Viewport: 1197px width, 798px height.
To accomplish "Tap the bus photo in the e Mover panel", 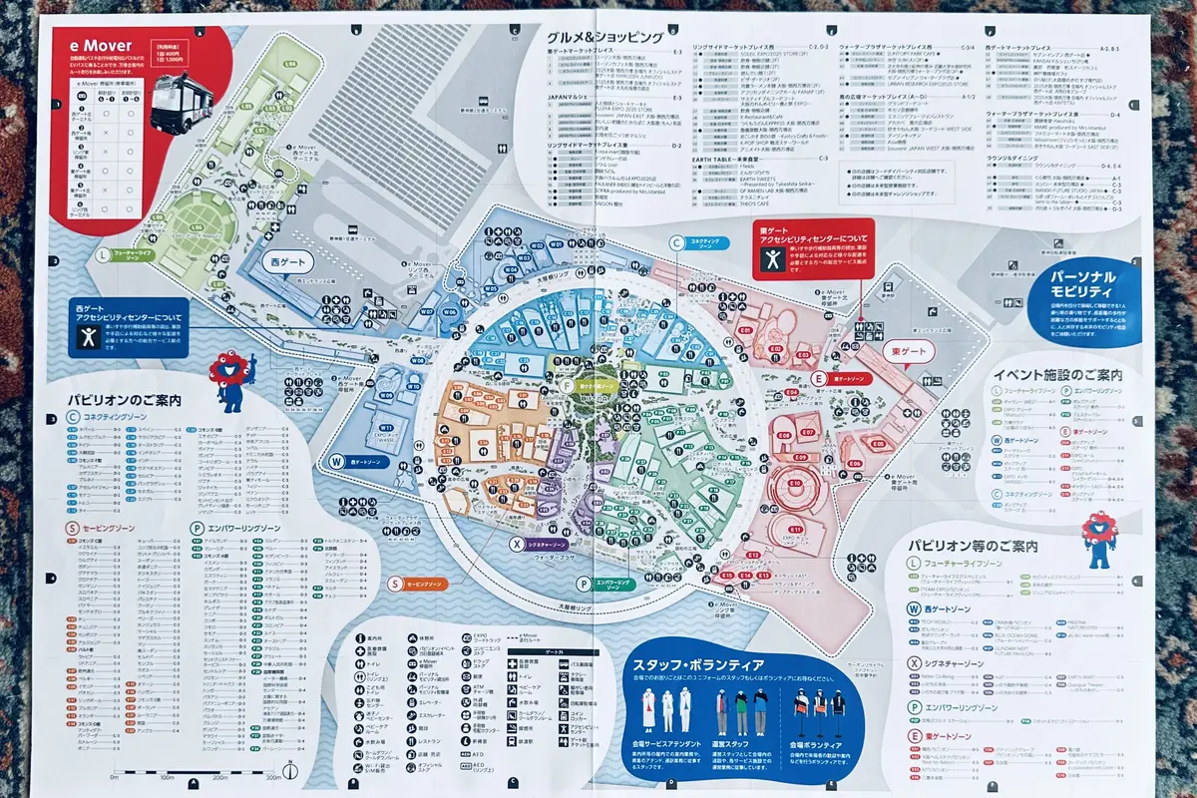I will [189, 100].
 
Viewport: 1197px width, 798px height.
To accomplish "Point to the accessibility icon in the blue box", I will [89, 337].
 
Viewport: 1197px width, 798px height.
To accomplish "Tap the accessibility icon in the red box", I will [771, 257].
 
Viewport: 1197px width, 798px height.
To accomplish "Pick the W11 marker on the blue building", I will [383, 428].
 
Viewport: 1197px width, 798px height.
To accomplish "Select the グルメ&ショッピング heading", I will [604, 37].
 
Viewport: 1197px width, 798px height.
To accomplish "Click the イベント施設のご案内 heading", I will [1057, 376].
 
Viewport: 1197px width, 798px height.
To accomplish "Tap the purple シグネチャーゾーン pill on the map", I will [539, 545].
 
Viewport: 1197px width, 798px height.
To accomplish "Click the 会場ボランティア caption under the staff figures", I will [817, 745].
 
